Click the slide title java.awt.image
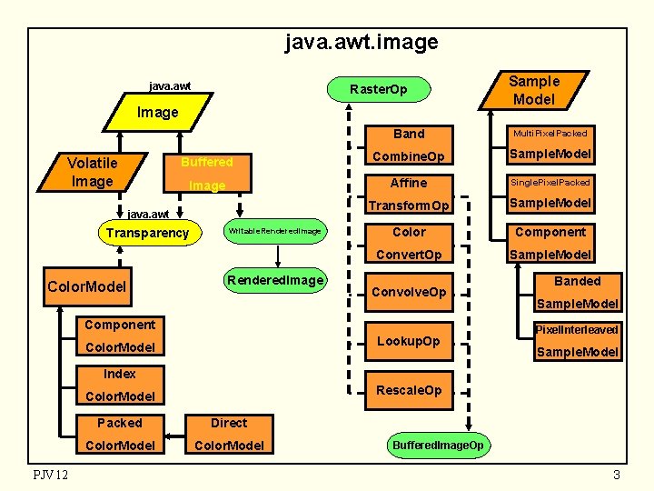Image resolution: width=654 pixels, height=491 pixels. [362, 42]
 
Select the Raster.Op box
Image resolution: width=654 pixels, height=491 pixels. [379, 89]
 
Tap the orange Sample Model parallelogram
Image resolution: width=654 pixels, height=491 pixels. [534, 90]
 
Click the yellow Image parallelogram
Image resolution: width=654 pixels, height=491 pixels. [157, 113]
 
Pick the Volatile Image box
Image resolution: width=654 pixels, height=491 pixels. [92, 172]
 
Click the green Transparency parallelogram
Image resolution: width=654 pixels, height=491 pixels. [147, 233]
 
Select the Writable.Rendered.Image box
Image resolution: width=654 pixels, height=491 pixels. [274, 231]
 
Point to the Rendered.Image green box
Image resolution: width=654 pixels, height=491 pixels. [275, 280]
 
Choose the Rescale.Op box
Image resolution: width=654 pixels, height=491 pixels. [409, 390]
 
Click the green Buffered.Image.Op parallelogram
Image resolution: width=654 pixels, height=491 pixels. [438, 445]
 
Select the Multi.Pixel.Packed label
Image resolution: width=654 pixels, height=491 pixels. [550, 133]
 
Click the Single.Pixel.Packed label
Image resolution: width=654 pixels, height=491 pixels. [550, 182]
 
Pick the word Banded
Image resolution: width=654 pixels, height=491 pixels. [577, 281]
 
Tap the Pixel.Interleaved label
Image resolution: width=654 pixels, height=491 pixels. [577, 329]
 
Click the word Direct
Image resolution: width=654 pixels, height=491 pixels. [229, 423]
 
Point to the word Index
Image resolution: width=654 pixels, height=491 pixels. [119, 374]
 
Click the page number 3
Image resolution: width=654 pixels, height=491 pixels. [616, 476]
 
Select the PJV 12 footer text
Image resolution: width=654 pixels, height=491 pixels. [51, 476]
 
